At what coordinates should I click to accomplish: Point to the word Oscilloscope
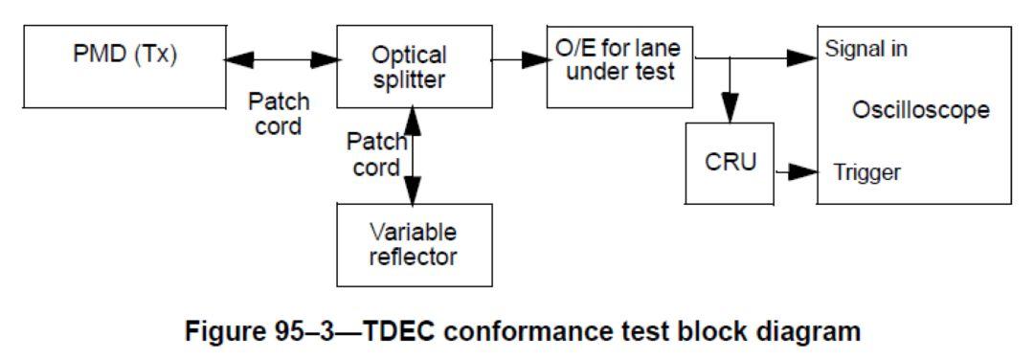[920, 111]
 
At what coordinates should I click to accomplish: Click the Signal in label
[867, 47]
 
